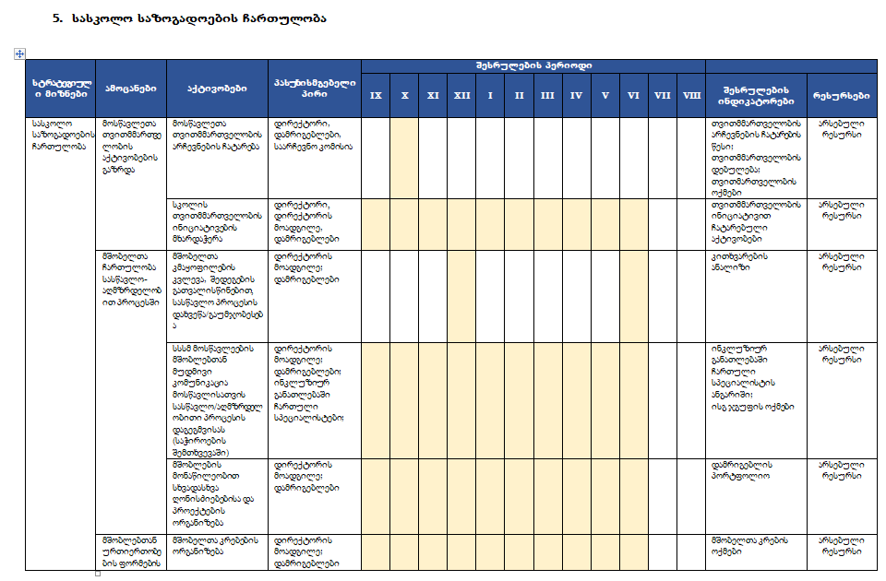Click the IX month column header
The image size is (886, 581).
[x=376, y=95]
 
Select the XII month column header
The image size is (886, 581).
[x=462, y=95]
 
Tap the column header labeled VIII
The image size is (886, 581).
[x=691, y=95]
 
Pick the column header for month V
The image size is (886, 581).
[x=605, y=95]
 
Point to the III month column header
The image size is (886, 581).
[x=547, y=95]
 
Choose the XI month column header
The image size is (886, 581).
[x=433, y=95]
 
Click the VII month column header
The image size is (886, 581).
[x=662, y=95]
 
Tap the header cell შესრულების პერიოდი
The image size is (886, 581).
[x=533, y=65]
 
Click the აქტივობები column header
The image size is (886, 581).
[x=217, y=89]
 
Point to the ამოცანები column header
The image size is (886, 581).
[x=130, y=89]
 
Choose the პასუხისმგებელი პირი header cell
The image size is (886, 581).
[x=314, y=89]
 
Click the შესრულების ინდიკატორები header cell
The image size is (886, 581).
[x=756, y=89]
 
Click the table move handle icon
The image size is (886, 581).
[x=18, y=53]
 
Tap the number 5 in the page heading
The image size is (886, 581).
[x=57, y=18]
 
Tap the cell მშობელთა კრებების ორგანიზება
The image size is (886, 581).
[x=215, y=545]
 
